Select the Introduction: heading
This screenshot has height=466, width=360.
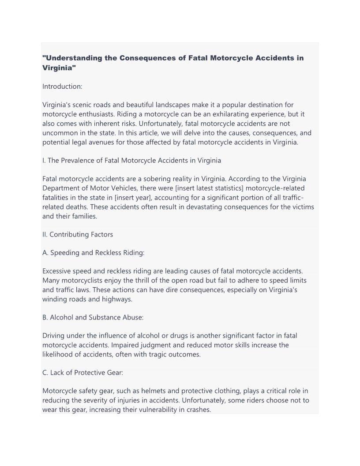tap(62, 86)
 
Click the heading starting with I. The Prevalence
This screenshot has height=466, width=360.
tap(131, 160)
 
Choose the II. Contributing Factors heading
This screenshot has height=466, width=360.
tap(78, 234)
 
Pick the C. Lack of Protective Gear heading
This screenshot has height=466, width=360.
tap(83, 372)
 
